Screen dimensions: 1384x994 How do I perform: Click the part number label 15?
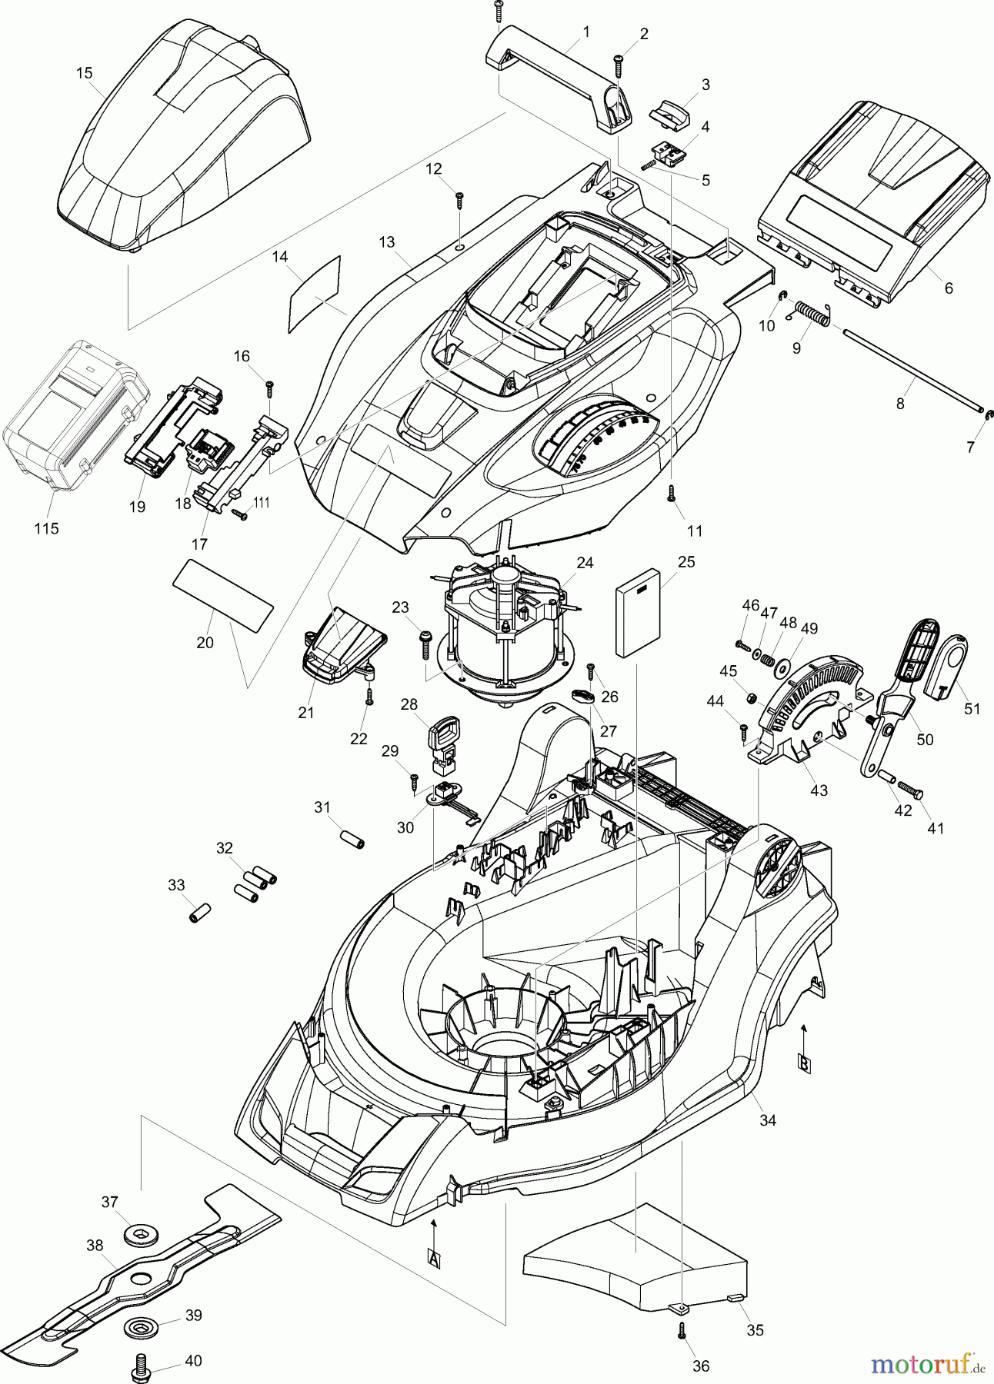(85, 73)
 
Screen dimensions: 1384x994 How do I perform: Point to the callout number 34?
(768, 1121)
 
